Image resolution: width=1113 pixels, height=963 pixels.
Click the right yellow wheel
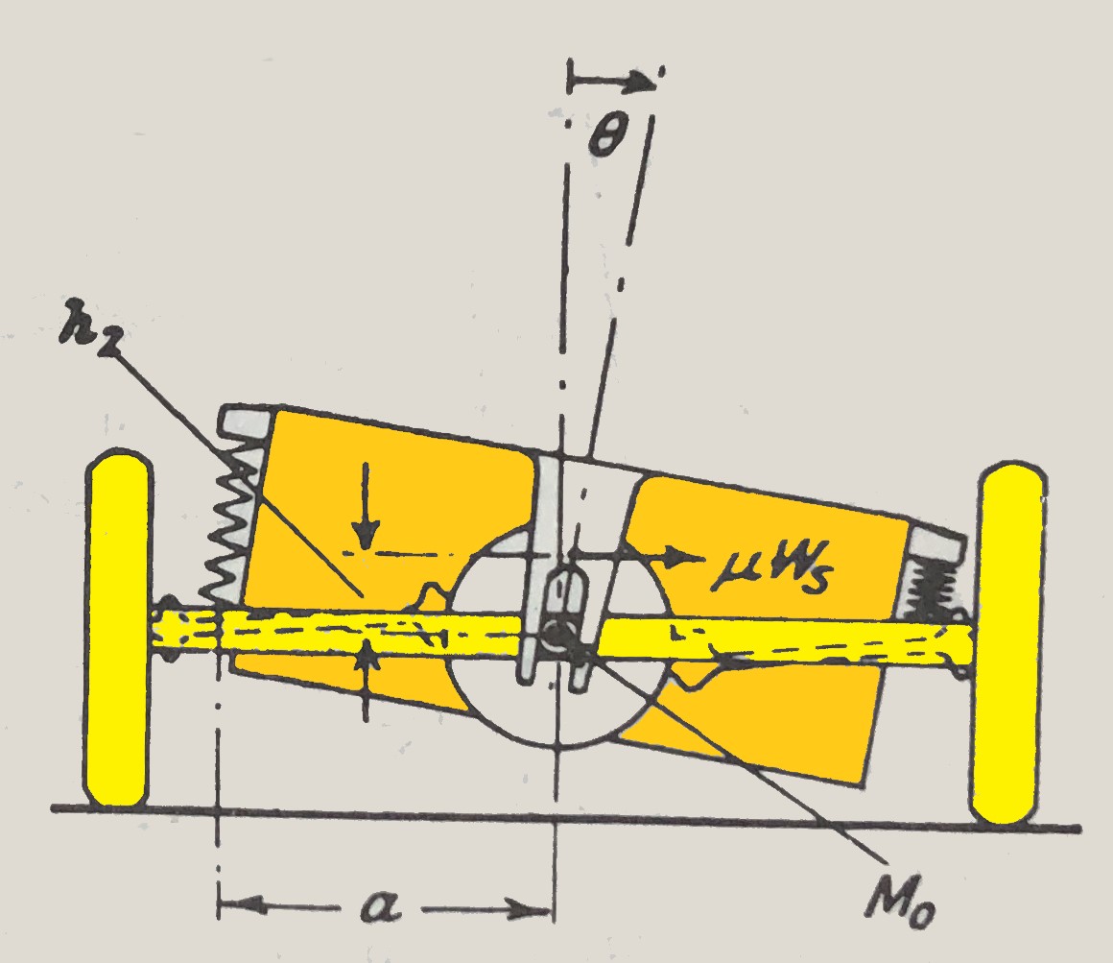point(1008,643)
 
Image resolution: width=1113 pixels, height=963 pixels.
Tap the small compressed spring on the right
point(932,586)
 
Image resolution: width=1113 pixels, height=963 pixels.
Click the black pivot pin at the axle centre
point(555,633)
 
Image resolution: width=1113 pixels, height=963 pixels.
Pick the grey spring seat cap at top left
point(245,423)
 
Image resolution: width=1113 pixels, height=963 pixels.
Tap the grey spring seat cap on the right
point(935,544)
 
